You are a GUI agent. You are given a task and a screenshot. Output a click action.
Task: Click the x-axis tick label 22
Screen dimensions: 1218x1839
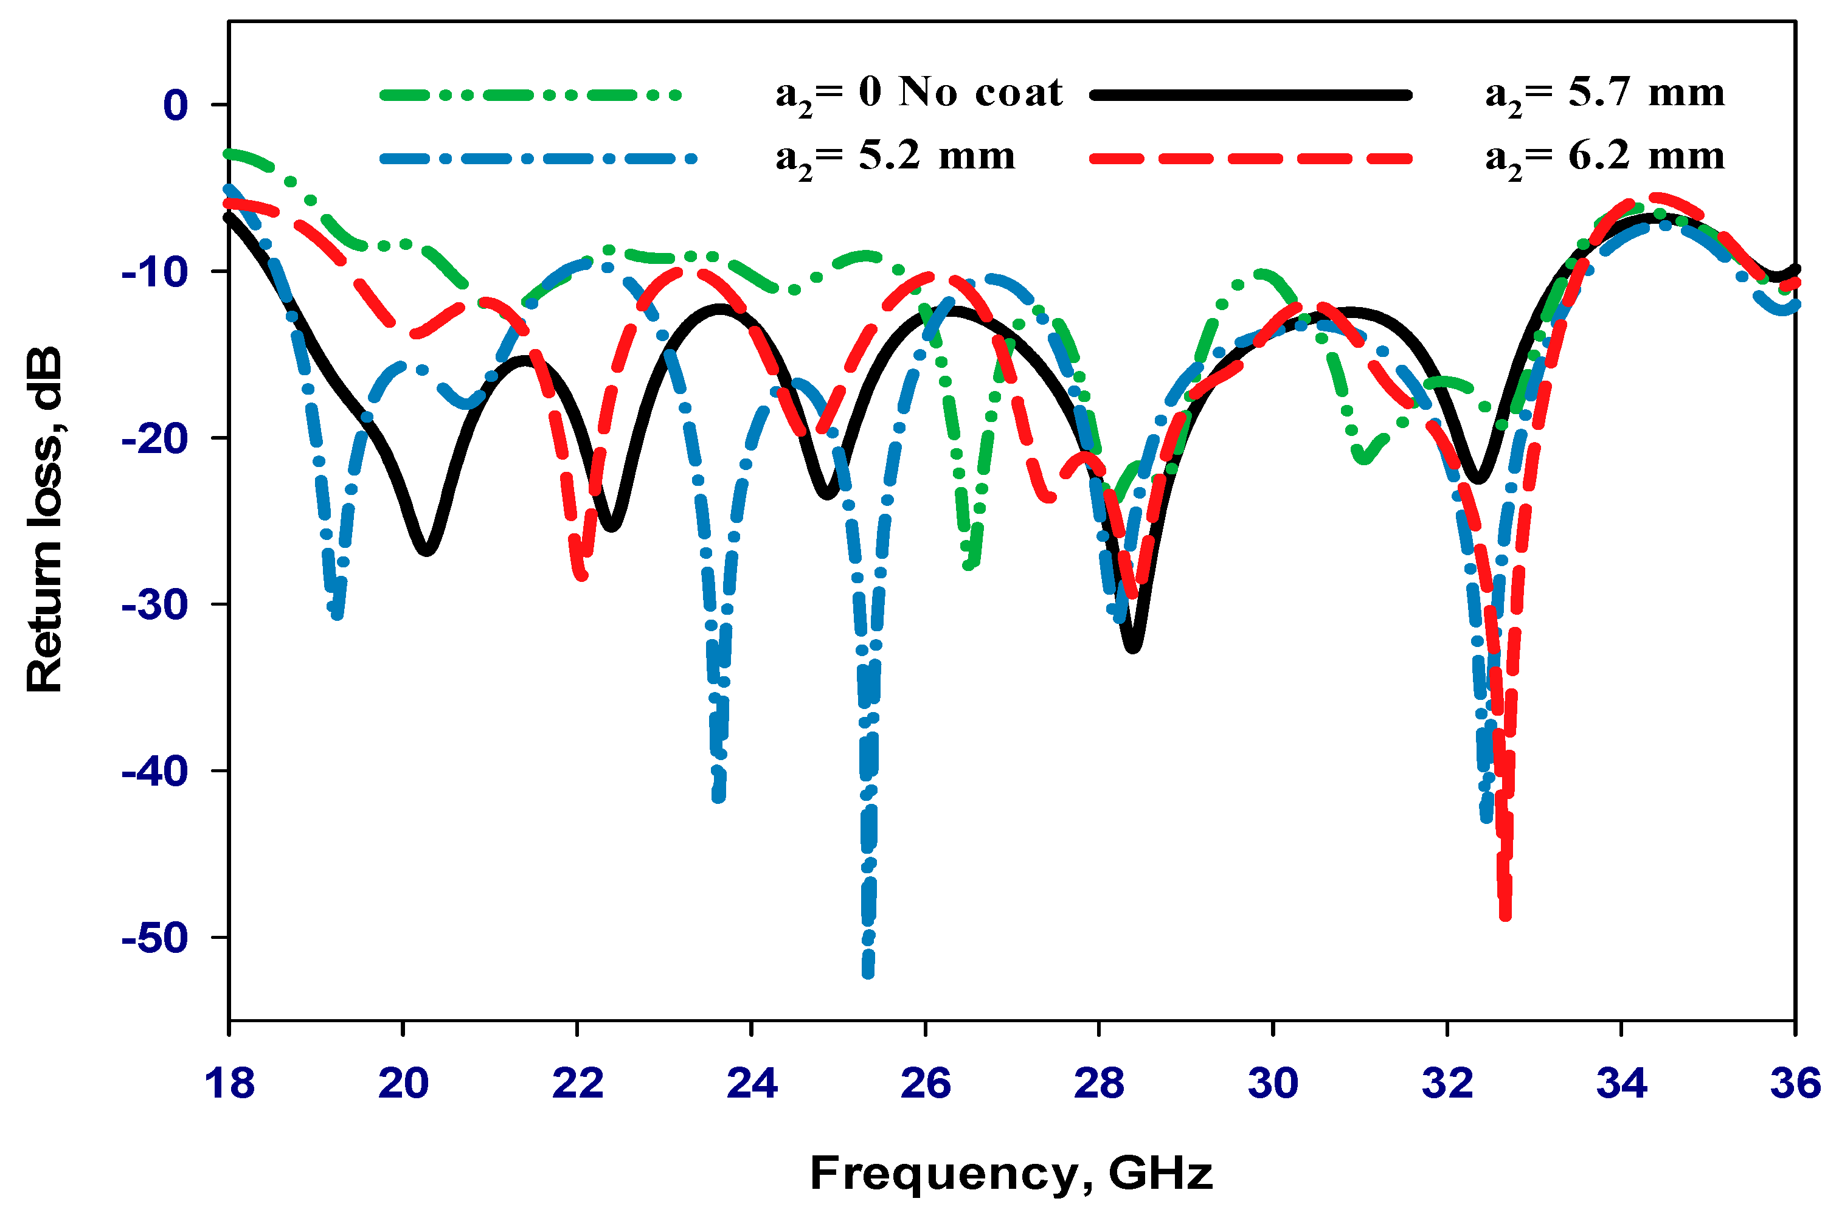pos(577,1083)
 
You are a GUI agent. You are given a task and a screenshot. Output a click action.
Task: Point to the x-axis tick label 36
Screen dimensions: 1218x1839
pos(1795,1083)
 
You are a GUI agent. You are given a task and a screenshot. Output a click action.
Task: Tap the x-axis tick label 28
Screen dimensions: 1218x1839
pos(1099,1083)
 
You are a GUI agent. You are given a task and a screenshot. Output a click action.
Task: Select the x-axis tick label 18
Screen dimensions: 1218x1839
pos(229,1083)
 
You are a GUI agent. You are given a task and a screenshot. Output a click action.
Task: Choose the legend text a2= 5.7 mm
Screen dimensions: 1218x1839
pos(1604,95)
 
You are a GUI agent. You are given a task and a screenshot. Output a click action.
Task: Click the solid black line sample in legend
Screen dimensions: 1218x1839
pos(1250,95)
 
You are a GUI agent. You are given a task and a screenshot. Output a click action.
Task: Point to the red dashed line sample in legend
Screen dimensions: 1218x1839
pos(1250,159)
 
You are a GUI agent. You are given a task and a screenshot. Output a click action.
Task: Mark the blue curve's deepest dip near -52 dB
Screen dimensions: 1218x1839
pos(868,972)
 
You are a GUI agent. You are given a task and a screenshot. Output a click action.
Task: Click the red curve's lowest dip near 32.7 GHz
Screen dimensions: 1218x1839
pos(1505,915)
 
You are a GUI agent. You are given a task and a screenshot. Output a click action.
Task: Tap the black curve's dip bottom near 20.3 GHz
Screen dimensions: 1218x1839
pos(426,550)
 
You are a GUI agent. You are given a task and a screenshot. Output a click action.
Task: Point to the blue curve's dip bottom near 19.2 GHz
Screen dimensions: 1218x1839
pos(336,615)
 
